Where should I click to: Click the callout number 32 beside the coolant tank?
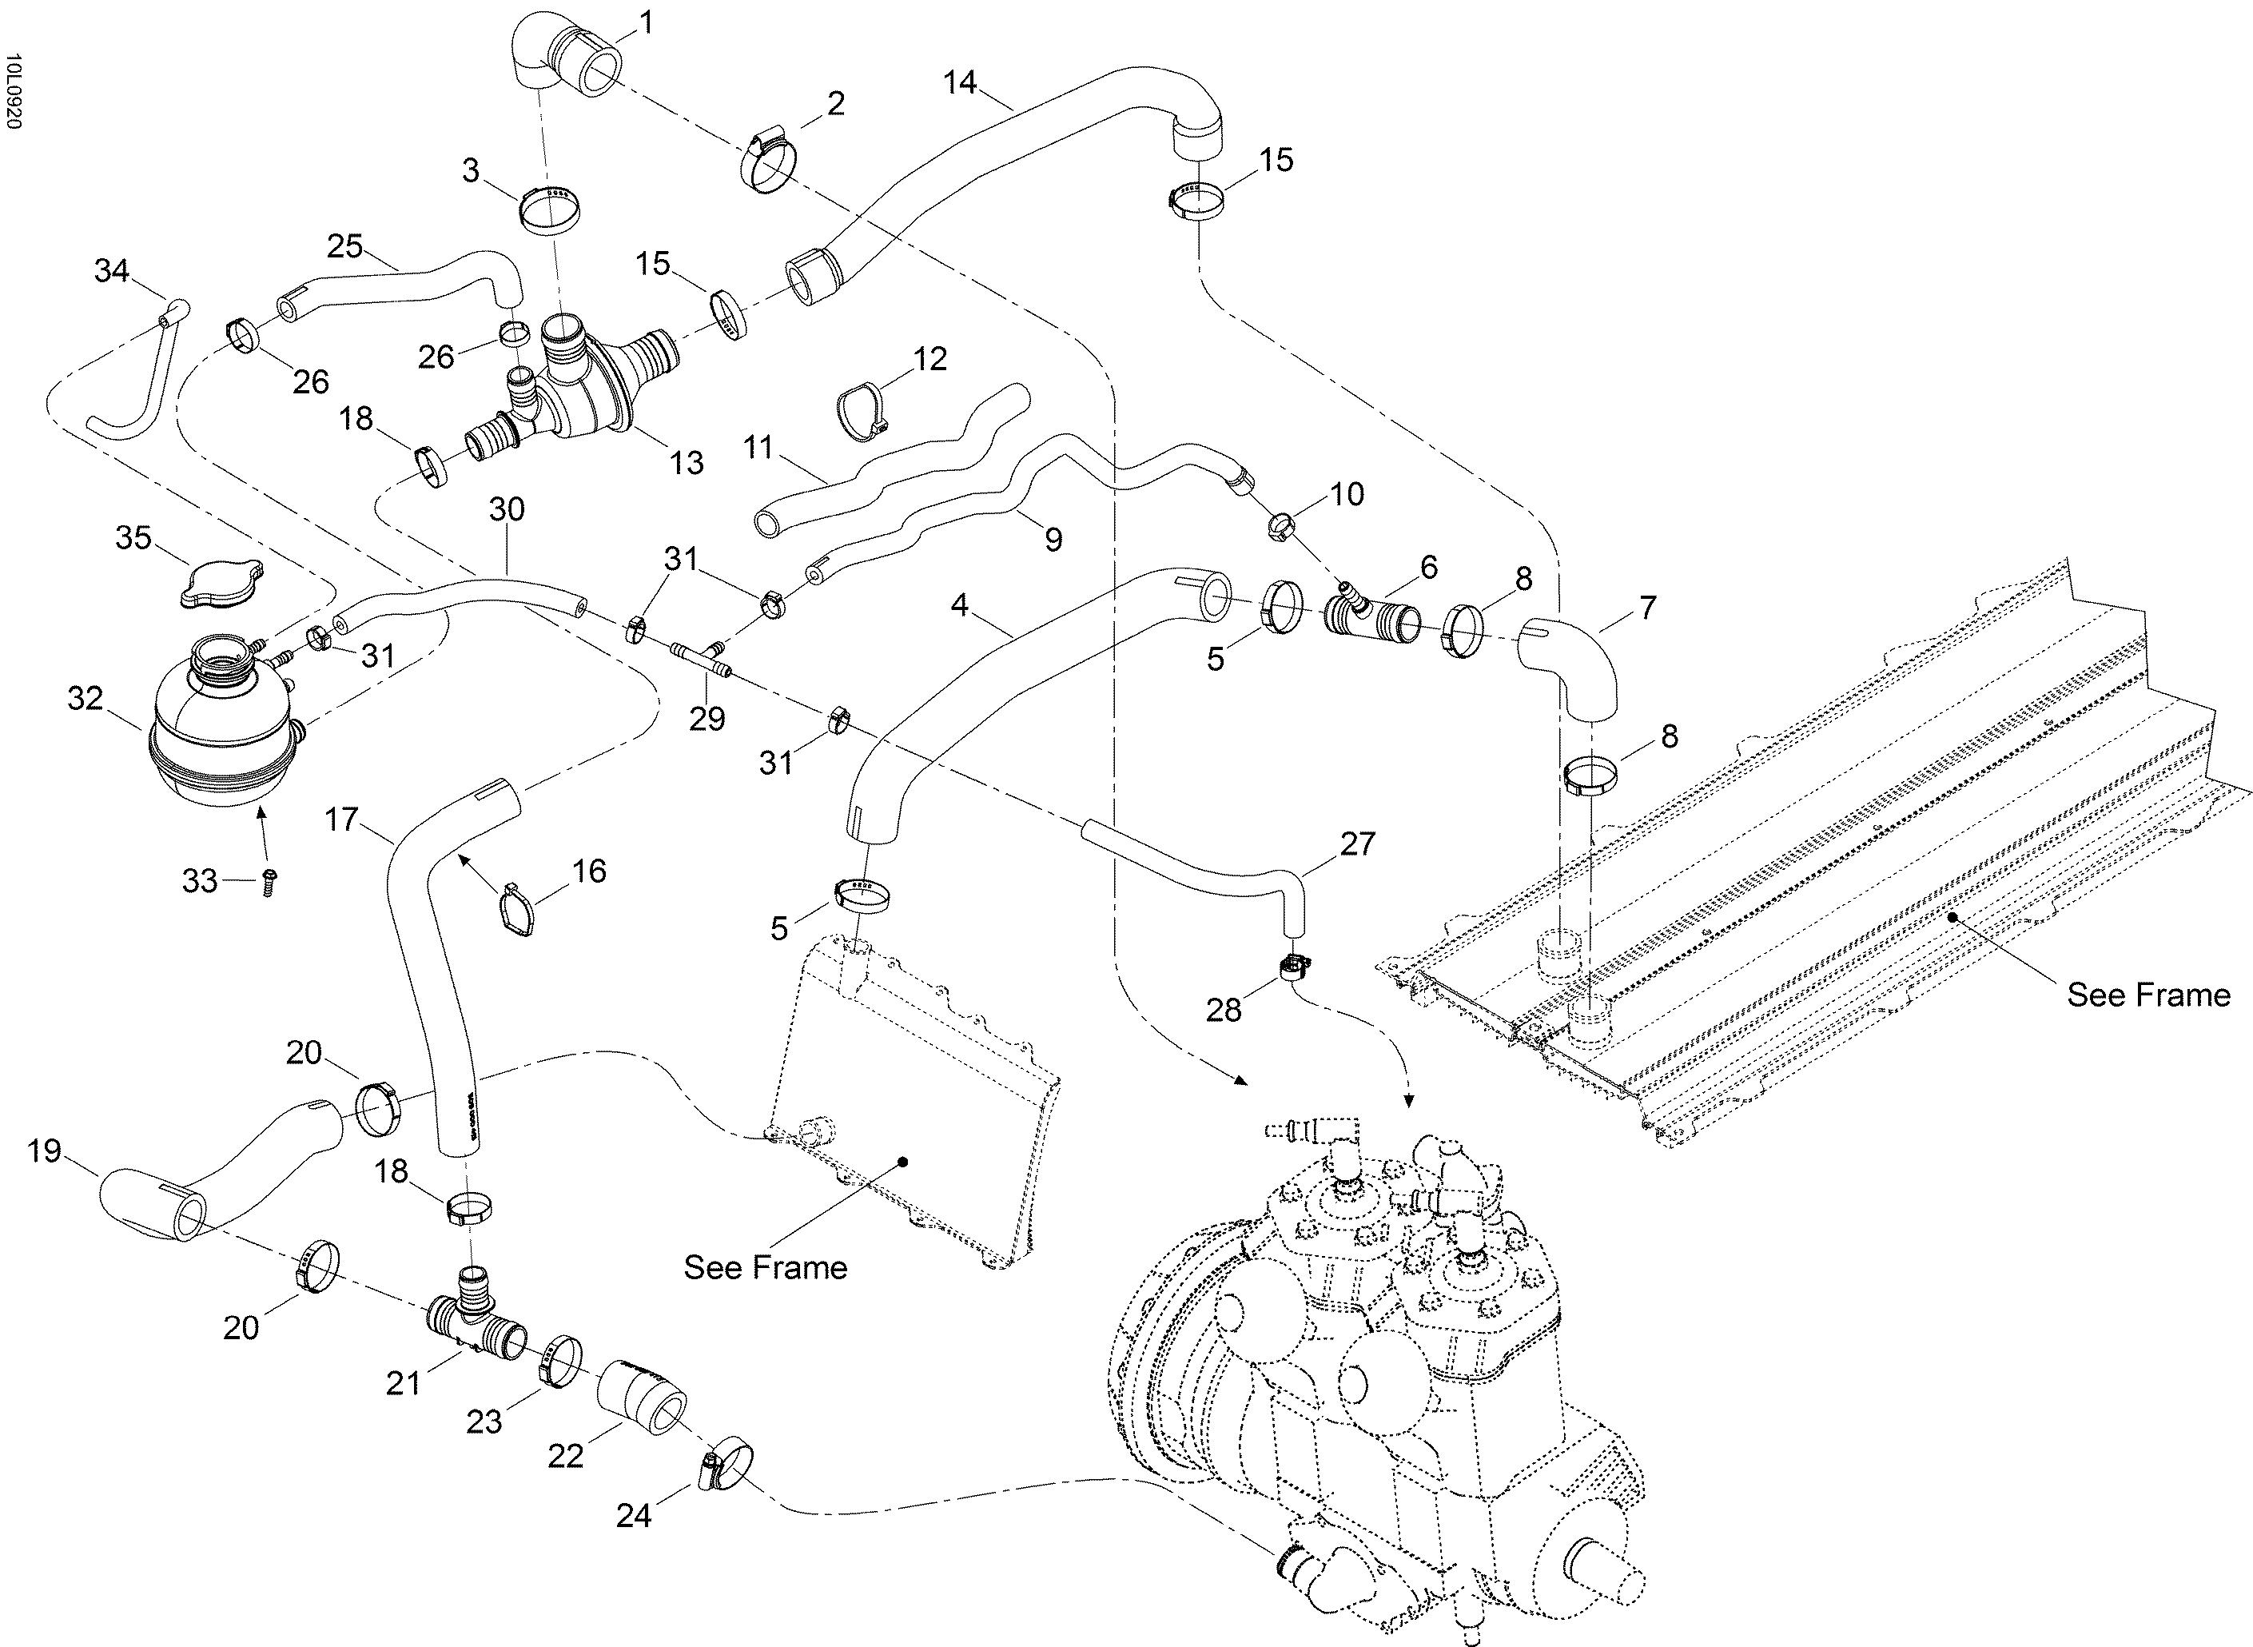(86, 699)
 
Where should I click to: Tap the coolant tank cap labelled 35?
(222, 583)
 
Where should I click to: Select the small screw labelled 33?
(268, 881)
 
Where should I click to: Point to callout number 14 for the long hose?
(960, 82)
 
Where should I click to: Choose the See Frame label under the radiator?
(764, 1267)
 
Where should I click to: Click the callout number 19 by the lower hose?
(44, 1151)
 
